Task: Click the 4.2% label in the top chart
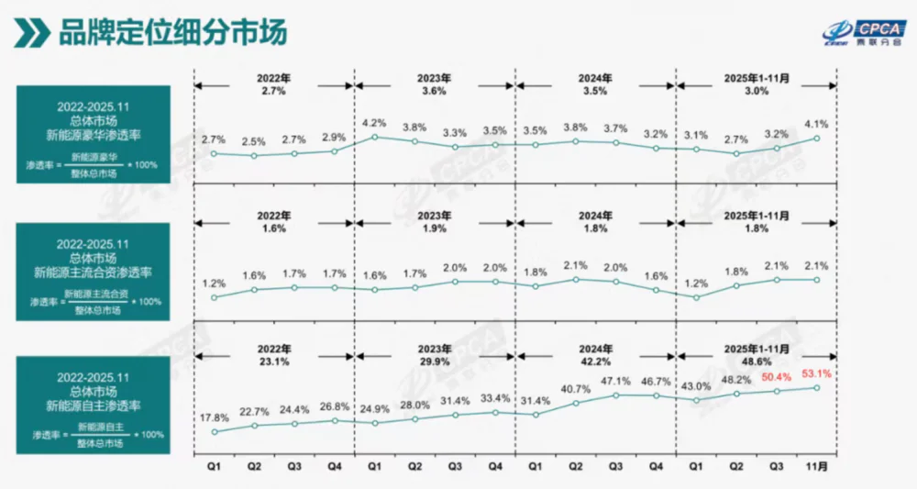tap(374, 123)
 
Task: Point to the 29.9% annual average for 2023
tap(435, 361)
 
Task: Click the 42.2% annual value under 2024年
tap(595, 361)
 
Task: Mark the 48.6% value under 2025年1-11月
tap(756, 361)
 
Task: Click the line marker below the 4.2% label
tap(374, 138)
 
